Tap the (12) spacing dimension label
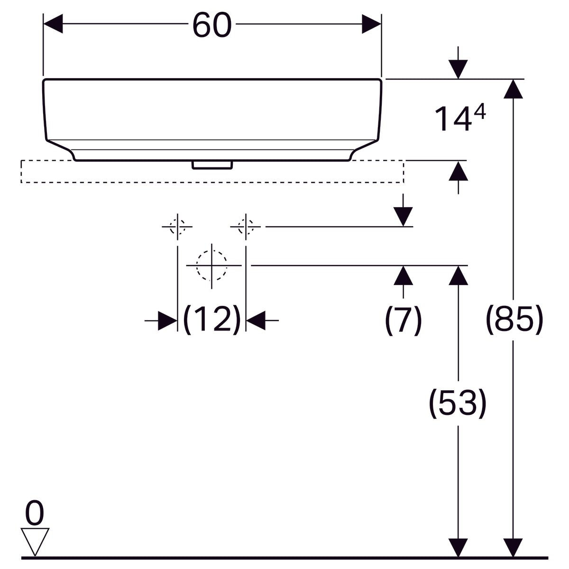pyautogui.click(x=212, y=320)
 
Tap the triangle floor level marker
pyautogui.click(x=35, y=541)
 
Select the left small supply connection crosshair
pyautogui.click(x=177, y=227)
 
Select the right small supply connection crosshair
pyautogui.click(x=246, y=227)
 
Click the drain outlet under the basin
pyautogui.click(x=212, y=165)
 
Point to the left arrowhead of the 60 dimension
pyautogui.click(x=53, y=24)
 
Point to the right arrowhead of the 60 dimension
pyautogui.click(x=371, y=24)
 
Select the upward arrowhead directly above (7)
pyautogui.click(x=403, y=275)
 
